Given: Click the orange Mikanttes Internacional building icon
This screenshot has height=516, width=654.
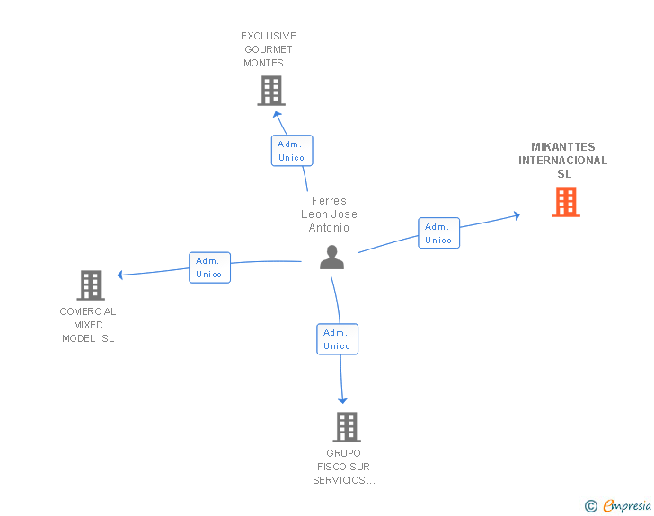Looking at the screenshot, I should coord(565,202).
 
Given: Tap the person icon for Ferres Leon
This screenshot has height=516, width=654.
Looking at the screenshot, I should coord(331,258).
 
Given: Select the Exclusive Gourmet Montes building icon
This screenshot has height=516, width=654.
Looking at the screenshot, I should coord(270,91).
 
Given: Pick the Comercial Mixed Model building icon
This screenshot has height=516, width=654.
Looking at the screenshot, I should coord(91,285).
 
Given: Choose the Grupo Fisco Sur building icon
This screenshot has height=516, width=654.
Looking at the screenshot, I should coord(347,427).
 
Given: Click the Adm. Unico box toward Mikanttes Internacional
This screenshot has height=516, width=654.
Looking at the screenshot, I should coord(438,233).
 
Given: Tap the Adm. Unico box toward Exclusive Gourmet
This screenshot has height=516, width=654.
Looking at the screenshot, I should coord(292,151).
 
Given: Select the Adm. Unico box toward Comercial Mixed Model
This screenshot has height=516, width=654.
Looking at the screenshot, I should coord(209,267).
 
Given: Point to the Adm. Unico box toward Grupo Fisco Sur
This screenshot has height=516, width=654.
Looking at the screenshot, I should coord(337,339).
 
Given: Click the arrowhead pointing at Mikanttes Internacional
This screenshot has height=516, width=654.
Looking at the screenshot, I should coord(516,215).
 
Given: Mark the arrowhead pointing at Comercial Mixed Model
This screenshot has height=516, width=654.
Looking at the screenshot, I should coord(120,275).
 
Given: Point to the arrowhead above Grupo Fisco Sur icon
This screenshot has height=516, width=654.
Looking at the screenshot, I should coord(342,400).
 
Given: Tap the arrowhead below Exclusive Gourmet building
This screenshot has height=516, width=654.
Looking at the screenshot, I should coord(278,113).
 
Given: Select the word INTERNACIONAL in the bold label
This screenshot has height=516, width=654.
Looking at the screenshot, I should coord(562,161).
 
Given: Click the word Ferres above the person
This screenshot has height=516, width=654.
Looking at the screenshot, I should coord(329,201).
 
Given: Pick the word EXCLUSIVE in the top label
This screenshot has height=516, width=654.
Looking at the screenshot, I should coord(269,37).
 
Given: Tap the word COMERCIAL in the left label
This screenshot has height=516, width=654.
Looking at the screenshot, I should coord(88,312).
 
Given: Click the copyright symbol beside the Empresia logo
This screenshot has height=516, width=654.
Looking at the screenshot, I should coord(590,506).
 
